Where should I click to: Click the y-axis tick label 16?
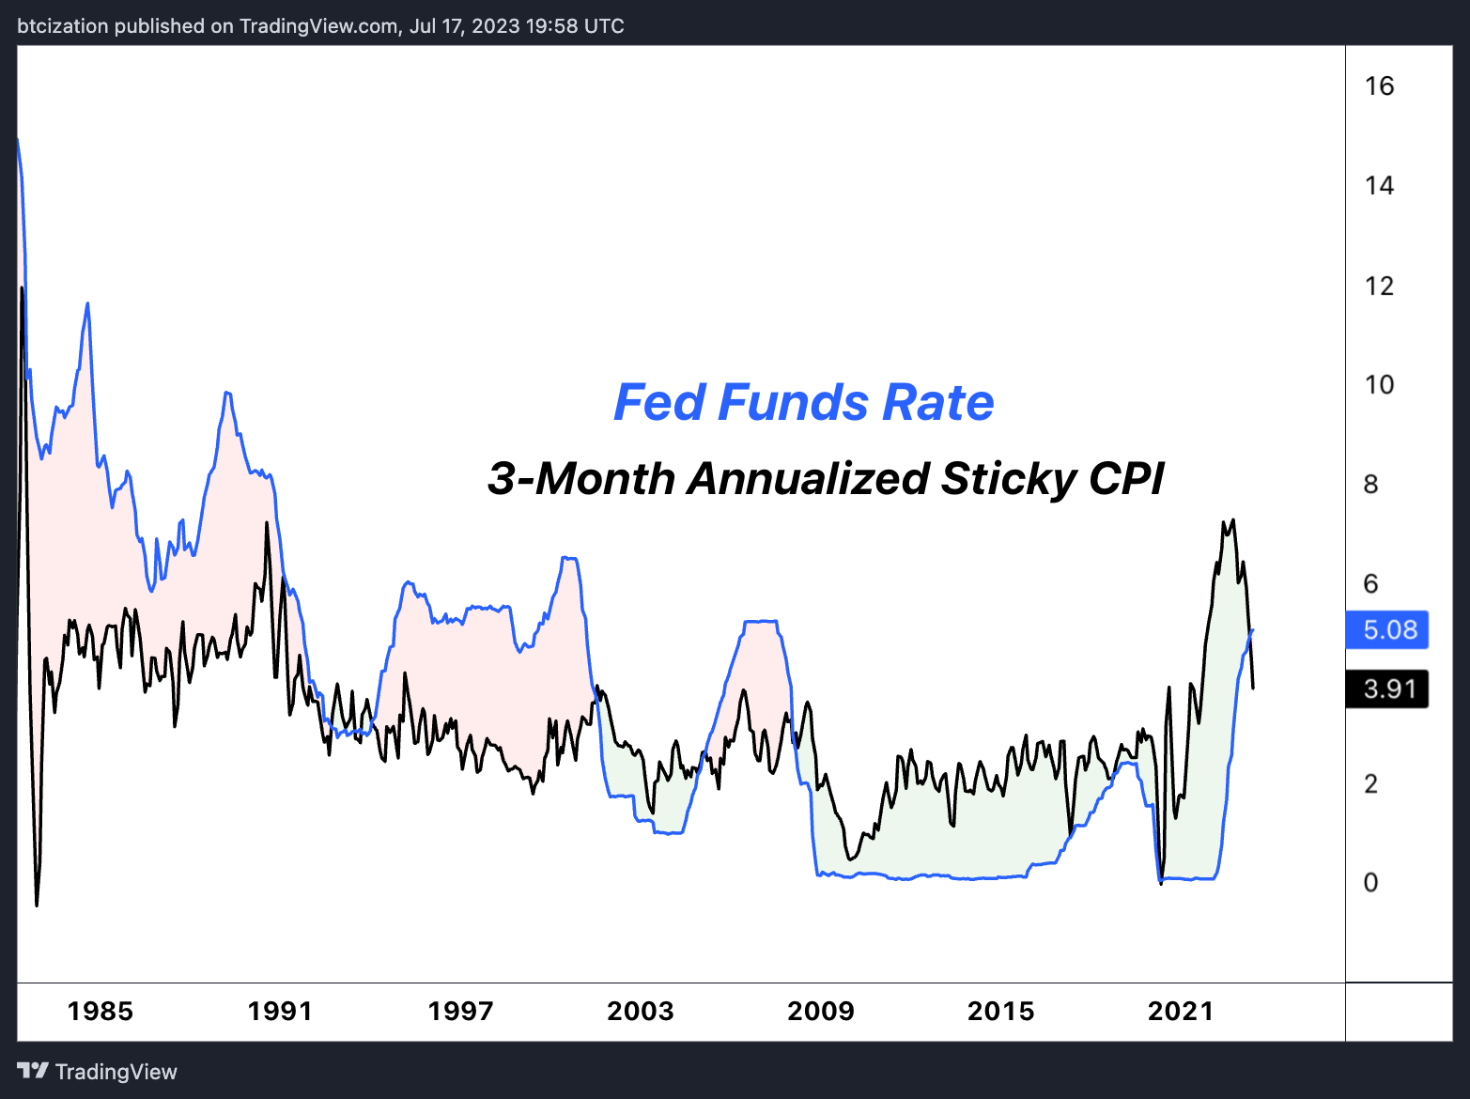[x=1379, y=86]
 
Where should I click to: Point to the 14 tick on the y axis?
[x=1379, y=186]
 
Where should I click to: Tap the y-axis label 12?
[x=1379, y=286]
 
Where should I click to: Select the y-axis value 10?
[x=1379, y=385]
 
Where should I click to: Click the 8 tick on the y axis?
[x=1371, y=485]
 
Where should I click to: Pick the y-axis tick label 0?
[x=1371, y=883]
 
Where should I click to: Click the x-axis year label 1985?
[x=101, y=1012]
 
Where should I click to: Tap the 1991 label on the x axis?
[x=280, y=1012]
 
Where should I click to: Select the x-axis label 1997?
[x=460, y=1012]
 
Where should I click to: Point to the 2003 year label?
[x=641, y=1012]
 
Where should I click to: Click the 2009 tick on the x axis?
[x=821, y=1012]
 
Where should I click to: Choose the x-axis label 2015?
[x=1001, y=1012]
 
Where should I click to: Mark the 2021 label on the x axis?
[x=1181, y=1012]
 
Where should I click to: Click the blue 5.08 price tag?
[x=1387, y=629]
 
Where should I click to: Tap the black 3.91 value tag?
[x=1387, y=689]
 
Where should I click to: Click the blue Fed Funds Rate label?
[x=804, y=403]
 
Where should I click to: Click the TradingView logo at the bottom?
[x=98, y=1072]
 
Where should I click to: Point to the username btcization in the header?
[x=63, y=26]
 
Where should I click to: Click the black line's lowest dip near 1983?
[x=37, y=904]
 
